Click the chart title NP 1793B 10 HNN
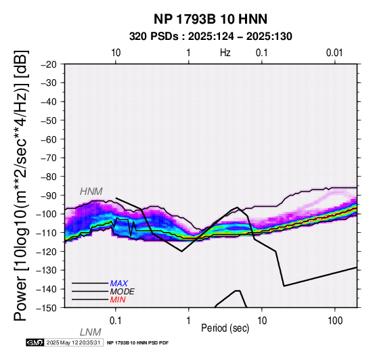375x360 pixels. coord(211,19)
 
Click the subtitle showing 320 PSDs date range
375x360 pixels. coord(211,37)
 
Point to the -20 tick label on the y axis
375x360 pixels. coord(49,64)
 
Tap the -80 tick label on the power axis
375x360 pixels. coord(49,177)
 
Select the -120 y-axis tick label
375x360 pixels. coord(47,252)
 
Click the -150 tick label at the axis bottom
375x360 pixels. coord(47,308)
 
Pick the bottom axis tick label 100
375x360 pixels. coord(335,321)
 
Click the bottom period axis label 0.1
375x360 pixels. coord(115,321)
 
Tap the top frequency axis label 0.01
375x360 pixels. coord(334,53)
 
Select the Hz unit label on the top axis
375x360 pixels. coord(225,53)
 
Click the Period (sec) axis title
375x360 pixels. coord(225,328)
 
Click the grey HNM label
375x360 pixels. coord(91,192)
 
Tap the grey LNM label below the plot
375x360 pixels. coord(91,332)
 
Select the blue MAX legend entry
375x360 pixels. coord(118,284)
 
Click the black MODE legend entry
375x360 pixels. coord(123,292)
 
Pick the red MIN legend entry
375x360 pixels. coord(118,300)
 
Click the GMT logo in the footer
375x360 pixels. coord(35,342)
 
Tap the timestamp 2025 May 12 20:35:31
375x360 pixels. coord(73,342)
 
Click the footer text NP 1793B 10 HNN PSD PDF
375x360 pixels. coord(138,343)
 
